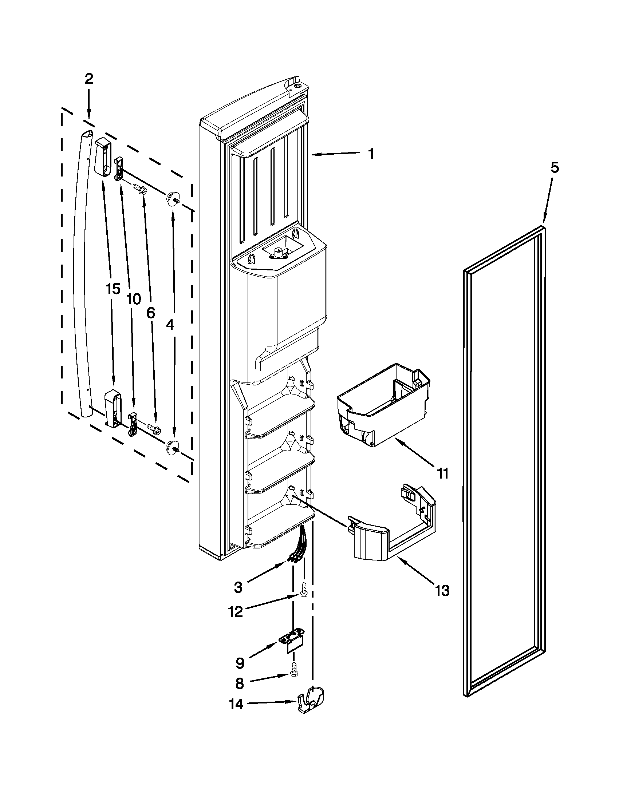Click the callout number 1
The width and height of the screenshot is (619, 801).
[371, 154]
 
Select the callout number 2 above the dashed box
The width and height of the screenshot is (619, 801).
[89, 79]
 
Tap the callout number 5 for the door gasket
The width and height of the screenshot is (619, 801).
[555, 168]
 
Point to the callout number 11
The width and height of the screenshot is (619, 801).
[443, 474]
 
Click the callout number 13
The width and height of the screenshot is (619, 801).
[443, 591]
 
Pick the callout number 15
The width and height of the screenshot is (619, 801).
[113, 289]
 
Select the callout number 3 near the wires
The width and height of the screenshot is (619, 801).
[238, 587]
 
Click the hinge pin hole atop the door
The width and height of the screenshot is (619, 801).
[296, 87]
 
